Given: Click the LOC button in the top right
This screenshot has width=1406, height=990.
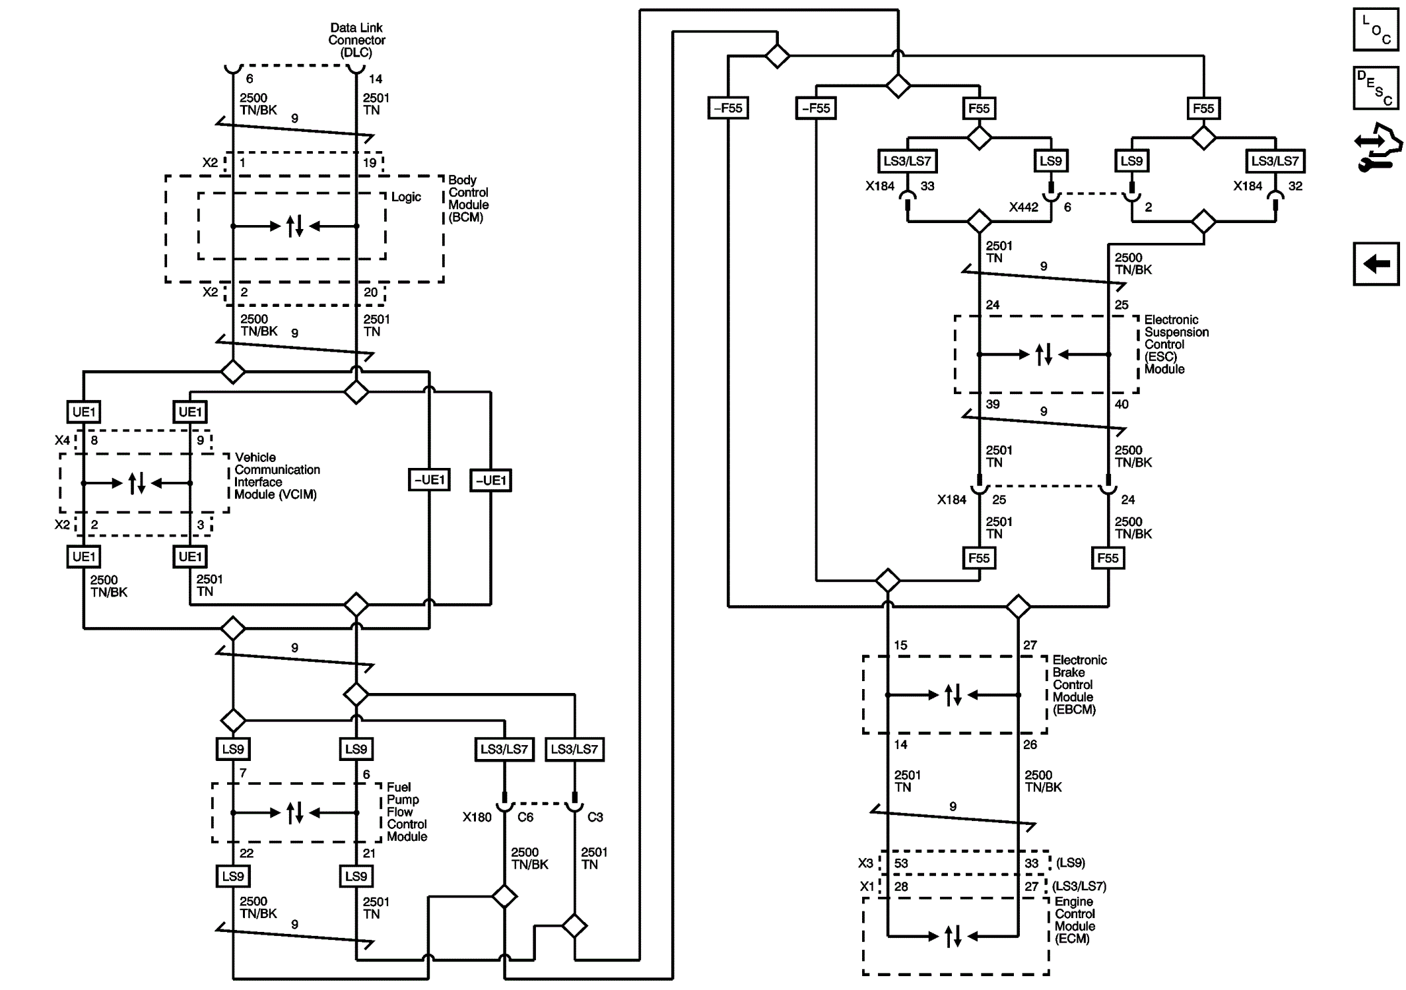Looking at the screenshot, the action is pyautogui.click(x=1376, y=30).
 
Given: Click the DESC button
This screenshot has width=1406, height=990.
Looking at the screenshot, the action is pyautogui.click(x=1376, y=88).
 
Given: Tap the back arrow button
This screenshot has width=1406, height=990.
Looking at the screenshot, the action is pyautogui.click(x=1376, y=264).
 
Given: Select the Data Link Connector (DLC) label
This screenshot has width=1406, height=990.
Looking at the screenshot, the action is pyautogui.click(x=356, y=40).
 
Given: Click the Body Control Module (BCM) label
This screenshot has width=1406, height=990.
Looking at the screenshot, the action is pyautogui.click(x=468, y=199).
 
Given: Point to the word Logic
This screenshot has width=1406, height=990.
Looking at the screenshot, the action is pyautogui.click(x=406, y=197).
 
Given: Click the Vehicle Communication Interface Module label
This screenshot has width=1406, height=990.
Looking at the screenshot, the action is pyautogui.click(x=277, y=476).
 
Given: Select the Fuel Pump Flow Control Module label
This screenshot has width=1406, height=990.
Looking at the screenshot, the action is pyautogui.click(x=407, y=812).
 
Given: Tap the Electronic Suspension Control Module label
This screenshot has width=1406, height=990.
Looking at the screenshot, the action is pyautogui.click(x=1176, y=345).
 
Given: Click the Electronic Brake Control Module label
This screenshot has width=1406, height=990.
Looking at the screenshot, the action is pyautogui.click(x=1079, y=684).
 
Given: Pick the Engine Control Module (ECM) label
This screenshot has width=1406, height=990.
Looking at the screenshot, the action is pyautogui.click(x=1075, y=920).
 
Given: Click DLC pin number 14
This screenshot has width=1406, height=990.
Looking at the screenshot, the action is pyautogui.click(x=376, y=79).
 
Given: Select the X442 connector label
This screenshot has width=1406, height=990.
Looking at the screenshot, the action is pyautogui.click(x=1023, y=207).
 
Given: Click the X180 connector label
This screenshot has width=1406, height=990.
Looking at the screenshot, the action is pyautogui.click(x=477, y=817).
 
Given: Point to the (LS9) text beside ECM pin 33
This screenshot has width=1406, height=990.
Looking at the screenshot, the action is pyautogui.click(x=1070, y=863).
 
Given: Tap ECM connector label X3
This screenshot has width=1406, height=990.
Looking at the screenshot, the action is pyautogui.click(x=865, y=863).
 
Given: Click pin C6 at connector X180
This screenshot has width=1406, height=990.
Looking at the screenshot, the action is pyautogui.click(x=525, y=817).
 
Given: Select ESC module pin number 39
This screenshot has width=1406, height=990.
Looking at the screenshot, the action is pyautogui.click(x=993, y=404).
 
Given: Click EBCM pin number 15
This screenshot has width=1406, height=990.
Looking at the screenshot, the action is pyautogui.click(x=900, y=645).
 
